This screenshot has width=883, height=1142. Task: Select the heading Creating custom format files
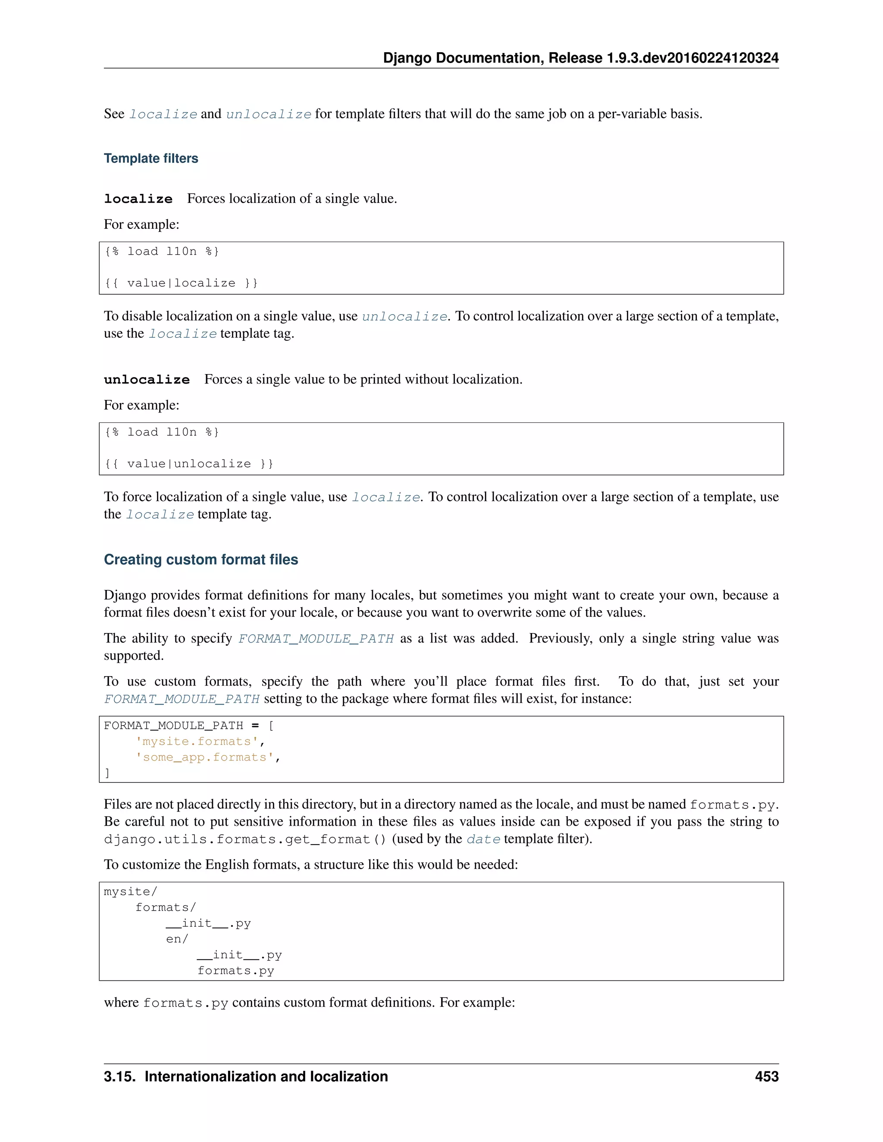point(201,559)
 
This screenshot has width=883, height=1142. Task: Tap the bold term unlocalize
point(147,380)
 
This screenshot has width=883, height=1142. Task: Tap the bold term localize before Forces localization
point(138,199)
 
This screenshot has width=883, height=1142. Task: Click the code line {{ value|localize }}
point(181,283)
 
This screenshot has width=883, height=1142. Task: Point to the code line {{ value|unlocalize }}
point(189,464)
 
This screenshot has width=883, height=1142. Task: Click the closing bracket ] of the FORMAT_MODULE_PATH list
point(107,773)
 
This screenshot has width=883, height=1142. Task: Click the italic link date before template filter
point(483,839)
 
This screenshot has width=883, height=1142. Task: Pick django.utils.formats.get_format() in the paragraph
point(245,839)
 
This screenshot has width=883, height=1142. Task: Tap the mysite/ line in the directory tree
point(130,892)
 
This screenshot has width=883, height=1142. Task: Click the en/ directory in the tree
point(177,939)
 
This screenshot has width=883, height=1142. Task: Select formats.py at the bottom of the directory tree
point(235,971)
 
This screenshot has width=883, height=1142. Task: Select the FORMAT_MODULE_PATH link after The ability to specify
point(316,639)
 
